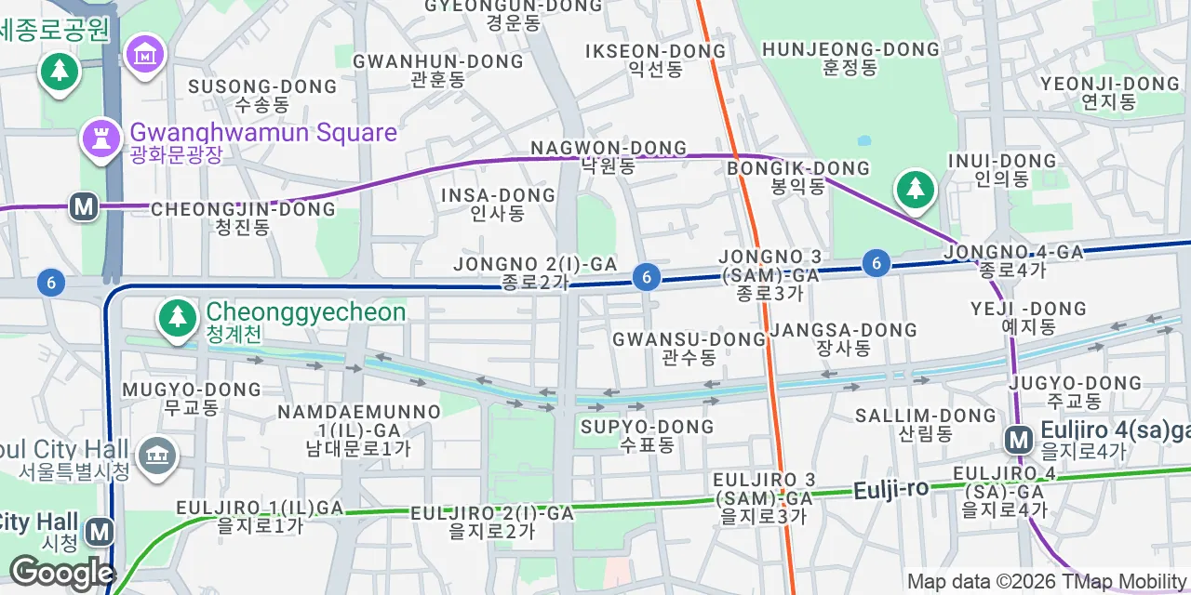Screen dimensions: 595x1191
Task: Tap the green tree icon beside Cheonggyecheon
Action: coord(176,317)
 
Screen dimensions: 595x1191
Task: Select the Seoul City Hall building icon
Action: coord(156,455)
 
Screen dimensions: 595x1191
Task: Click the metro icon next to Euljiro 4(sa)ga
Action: coord(1019,439)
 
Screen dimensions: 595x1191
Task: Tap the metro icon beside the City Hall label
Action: coord(99,532)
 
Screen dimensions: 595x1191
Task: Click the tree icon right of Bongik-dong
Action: coord(915,190)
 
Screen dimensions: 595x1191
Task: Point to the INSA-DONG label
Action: coord(498,204)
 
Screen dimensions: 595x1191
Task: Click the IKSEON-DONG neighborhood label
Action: coord(655,59)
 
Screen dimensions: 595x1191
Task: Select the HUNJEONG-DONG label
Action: coord(850,58)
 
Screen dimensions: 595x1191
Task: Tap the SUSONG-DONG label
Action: coord(262,95)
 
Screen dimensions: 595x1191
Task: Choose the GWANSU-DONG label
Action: coord(689,348)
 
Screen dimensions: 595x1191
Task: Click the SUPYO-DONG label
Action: coord(648,435)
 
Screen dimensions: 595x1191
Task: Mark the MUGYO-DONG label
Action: coord(191,397)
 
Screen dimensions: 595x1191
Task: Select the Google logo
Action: coord(61,573)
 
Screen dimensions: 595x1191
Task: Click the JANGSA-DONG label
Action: coord(843,338)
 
